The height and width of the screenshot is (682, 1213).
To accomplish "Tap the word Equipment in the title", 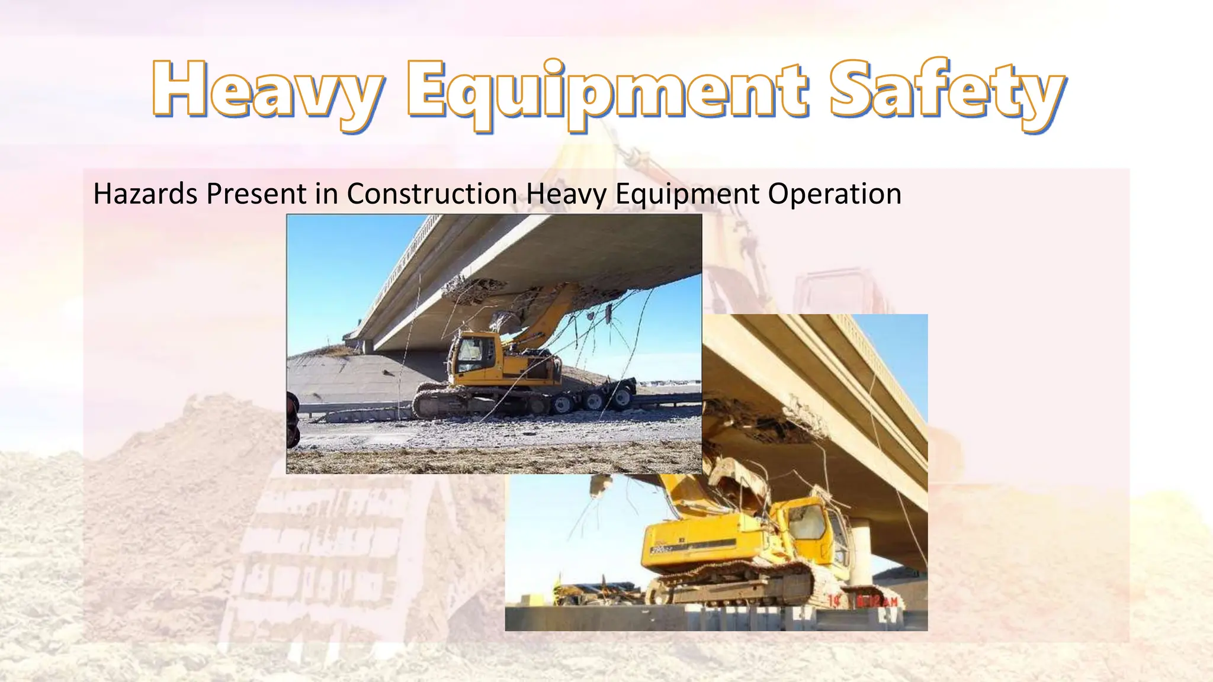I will tap(606, 92).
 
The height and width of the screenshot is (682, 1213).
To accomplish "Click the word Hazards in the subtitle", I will tap(145, 194).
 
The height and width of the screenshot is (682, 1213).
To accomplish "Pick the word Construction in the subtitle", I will tap(432, 194).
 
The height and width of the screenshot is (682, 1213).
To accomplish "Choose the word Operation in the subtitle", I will tap(835, 194).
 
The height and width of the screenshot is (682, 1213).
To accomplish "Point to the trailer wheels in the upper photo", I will tap(592, 400).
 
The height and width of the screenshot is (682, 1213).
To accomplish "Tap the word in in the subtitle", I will tap(326, 194).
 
